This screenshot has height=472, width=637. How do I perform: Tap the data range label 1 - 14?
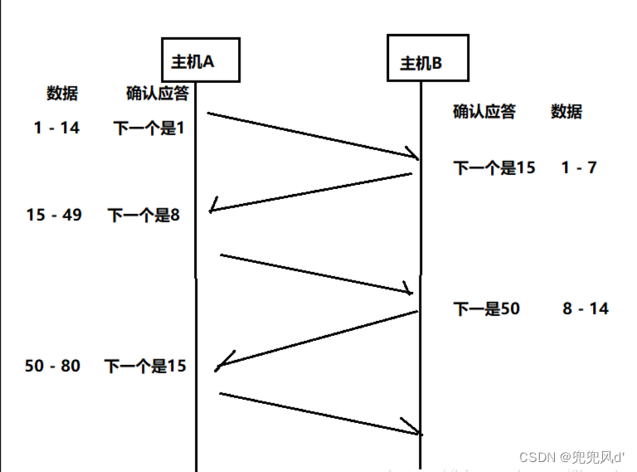(57, 128)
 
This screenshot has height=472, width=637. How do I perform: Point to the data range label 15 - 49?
(54, 215)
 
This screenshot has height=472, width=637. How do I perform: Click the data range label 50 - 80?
(53, 365)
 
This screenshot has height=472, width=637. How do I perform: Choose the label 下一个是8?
(143, 216)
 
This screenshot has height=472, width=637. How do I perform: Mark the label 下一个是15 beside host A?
(145, 366)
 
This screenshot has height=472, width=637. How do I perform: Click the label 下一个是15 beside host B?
(494, 168)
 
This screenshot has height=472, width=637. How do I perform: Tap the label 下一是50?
(486, 309)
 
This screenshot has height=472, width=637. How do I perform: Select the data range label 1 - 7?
(579, 168)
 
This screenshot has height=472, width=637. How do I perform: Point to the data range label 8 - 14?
(585, 309)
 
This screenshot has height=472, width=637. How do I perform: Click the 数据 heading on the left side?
(62, 93)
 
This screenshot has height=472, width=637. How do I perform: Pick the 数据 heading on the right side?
(566, 111)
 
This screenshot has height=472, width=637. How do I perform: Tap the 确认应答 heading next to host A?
(157, 93)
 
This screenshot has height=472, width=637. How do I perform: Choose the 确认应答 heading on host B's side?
(484, 111)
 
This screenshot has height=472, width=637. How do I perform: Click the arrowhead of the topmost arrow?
(412, 154)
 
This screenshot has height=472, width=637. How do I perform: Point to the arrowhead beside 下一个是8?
(214, 207)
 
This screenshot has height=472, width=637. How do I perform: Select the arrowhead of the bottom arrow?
(414, 429)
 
